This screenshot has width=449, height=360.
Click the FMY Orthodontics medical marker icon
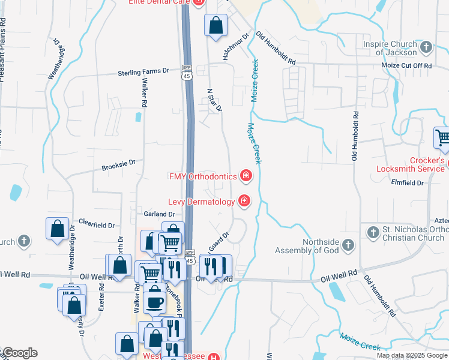click(246, 176)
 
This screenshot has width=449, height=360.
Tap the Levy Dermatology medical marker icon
click(244, 202)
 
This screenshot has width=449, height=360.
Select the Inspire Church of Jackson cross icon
click(426, 47)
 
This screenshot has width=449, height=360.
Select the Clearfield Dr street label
click(96, 226)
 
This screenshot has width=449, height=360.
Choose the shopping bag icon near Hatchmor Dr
click(215, 25)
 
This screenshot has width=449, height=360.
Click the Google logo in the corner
click(19, 353)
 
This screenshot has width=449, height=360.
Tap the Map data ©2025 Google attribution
click(412, 355)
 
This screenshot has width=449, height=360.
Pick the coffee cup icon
click(155, 301)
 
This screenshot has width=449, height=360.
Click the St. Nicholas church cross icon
click(372, 231)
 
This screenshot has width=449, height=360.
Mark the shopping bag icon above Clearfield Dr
click(57, 229)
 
